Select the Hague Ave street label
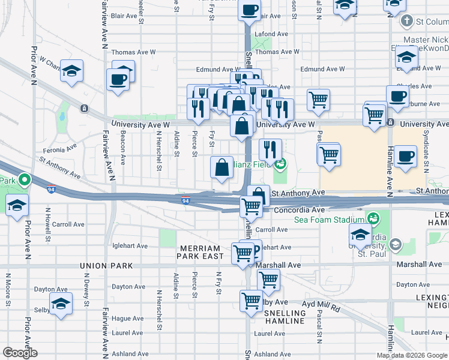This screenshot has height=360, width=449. pyautogui.click(x=129, y=318)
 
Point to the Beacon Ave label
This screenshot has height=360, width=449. pyautogui.click(x=122, y=148)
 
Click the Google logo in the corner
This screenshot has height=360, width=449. pyautogui.click(x=20, y=353)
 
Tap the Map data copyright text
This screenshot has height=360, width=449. pyautogui.click(x=412, y=355)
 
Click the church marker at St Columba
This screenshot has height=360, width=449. pyautogui.click(x=407, y=22)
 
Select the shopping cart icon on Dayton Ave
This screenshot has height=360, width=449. pyautogui.click(x=268, y=280)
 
